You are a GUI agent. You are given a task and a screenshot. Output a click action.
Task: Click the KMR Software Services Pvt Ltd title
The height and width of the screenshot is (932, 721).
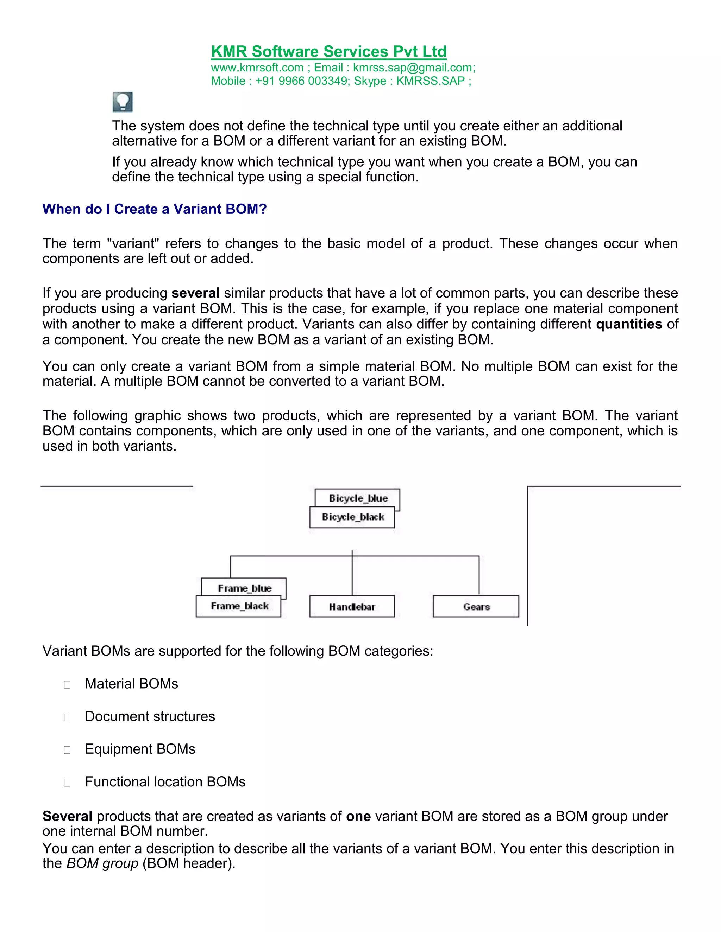pyautogui.click(x=328, y=52)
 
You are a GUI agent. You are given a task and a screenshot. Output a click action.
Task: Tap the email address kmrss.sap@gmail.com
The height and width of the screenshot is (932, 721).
pyautogui.click(x=413, y=68)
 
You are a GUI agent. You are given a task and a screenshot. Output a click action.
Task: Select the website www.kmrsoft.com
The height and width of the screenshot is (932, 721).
pyautogui.click(x=257, y=68)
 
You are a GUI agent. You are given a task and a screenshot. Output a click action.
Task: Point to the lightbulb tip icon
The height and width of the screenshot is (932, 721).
pyautogui.click(x=123, y=102)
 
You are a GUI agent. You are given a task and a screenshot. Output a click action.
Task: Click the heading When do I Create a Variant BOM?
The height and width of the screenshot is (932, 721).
pyautogui.click(x=154, y=209)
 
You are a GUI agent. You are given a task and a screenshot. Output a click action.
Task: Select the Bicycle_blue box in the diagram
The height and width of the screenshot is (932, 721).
pyautogui.click(x=358, y=498)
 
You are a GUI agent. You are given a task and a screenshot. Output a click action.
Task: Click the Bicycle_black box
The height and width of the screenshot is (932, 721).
pyautogui.click(x=352, y=517)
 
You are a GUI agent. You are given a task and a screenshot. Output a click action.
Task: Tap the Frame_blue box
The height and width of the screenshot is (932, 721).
pyautogui.click(x=245, y=588)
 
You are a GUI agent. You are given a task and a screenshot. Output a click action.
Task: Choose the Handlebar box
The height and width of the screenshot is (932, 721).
pyautogui.click(x=352, y=606)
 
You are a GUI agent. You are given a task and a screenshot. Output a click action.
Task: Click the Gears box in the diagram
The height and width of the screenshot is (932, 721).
pyautogui.click(x=476, y=606)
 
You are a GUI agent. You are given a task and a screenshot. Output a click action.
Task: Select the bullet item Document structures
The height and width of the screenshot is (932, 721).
pyautogui.click(x=150, y=716)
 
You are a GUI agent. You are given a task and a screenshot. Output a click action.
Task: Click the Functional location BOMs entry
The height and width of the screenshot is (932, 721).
pyautogui.click(x=165, y=782)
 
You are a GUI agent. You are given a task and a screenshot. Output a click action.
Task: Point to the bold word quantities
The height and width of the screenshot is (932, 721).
pyautogui.click(x=629, y=324)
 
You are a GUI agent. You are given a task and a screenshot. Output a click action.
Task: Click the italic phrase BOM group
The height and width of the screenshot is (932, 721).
pyautogui.click(x=102, y=863)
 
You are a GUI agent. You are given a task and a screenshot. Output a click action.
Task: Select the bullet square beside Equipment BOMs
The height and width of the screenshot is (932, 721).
pyautogui.click(x=67, y=750)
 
